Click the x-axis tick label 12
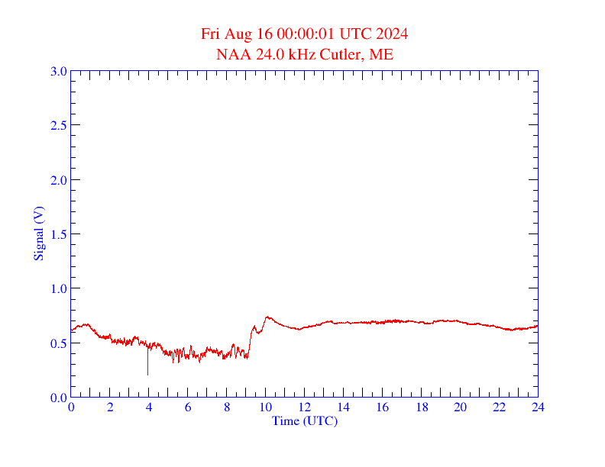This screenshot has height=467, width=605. pos(305,407)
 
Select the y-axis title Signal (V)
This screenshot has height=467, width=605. pos(38,233)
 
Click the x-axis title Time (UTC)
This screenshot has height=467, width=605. pos(304,420)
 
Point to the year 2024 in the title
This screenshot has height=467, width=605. pos(391,34)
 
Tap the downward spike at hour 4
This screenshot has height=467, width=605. pos(147,371)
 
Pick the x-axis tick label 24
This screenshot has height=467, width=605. pos(538,407)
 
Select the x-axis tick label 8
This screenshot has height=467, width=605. pos(227,407)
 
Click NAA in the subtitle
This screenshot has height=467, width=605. pos(232,54)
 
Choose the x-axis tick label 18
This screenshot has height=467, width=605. pos(421,407)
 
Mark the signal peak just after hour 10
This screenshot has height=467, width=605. pos(267,317)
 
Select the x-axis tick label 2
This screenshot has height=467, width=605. pos(110,407)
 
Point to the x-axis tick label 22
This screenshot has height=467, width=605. pos(499,407)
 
